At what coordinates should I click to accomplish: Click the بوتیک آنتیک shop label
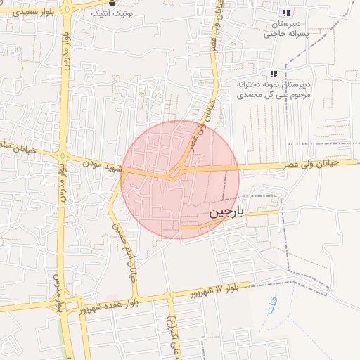[x=112, y=14]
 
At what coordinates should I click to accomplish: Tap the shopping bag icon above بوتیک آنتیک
[x=112, y=4]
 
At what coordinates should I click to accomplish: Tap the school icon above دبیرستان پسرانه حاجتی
[x=286, y=13]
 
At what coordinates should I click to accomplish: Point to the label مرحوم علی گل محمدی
[x=272, y=94]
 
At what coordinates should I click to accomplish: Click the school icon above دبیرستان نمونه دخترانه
[x=274, y=74]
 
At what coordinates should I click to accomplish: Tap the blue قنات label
[x=271, y=306]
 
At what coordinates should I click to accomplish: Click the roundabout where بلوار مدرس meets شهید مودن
[x=63, y=156]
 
